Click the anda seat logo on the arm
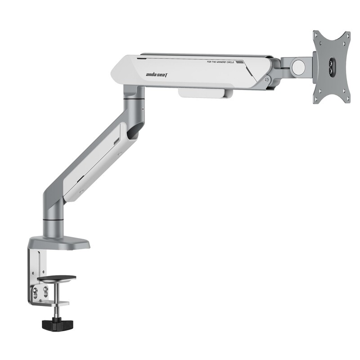(x=156, y=75)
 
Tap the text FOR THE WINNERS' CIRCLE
(x=221, y=62)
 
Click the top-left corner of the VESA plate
(x=316, y=34)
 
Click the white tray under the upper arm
(x=205, y=92)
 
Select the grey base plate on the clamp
(x=58, y=243)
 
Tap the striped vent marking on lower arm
(x=117, y=141)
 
